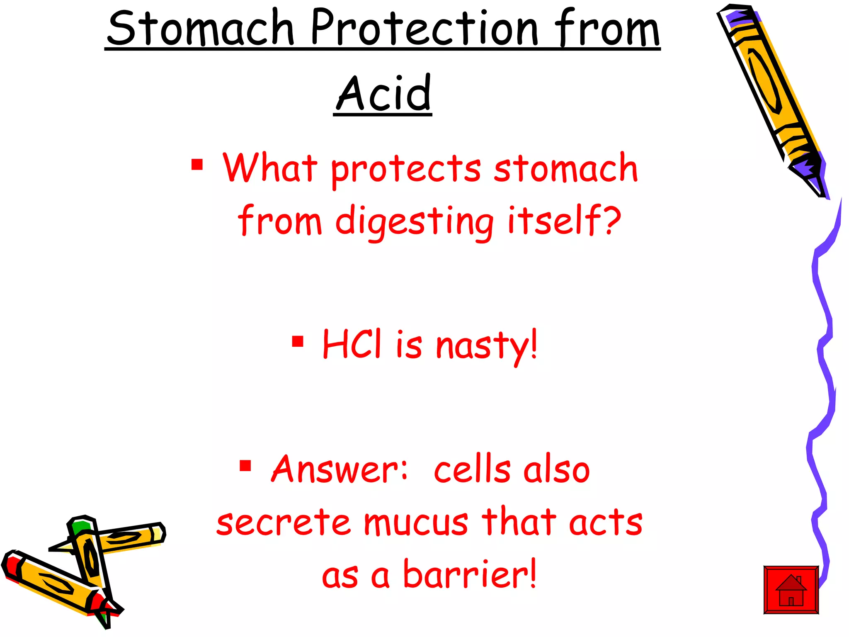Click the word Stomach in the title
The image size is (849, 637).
click(201, 28)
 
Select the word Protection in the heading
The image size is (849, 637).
click(424, 28)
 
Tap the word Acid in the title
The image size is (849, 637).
click(383, 93)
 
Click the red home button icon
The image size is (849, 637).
click(791, 590)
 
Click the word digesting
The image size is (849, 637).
click(415, 221)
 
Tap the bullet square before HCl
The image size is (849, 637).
click(298, 341)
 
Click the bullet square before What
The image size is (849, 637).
click(197, 165)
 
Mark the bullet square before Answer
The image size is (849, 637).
click(245, 466)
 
